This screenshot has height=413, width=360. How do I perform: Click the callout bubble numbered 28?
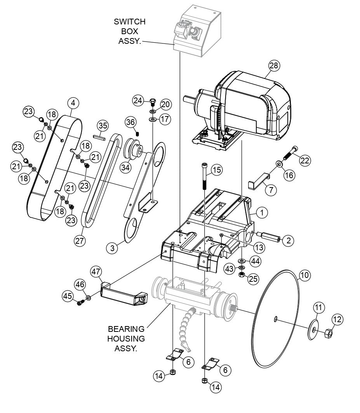pos(274,66)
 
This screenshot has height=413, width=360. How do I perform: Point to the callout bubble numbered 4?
pos(73,103)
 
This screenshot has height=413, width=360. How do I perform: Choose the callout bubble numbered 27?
pos(80,241)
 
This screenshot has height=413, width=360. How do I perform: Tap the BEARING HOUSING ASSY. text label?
pos(126,338)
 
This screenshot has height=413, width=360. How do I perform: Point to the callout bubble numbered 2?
pos(287,241)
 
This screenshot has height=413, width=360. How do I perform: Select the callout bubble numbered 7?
pos(271,190)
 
